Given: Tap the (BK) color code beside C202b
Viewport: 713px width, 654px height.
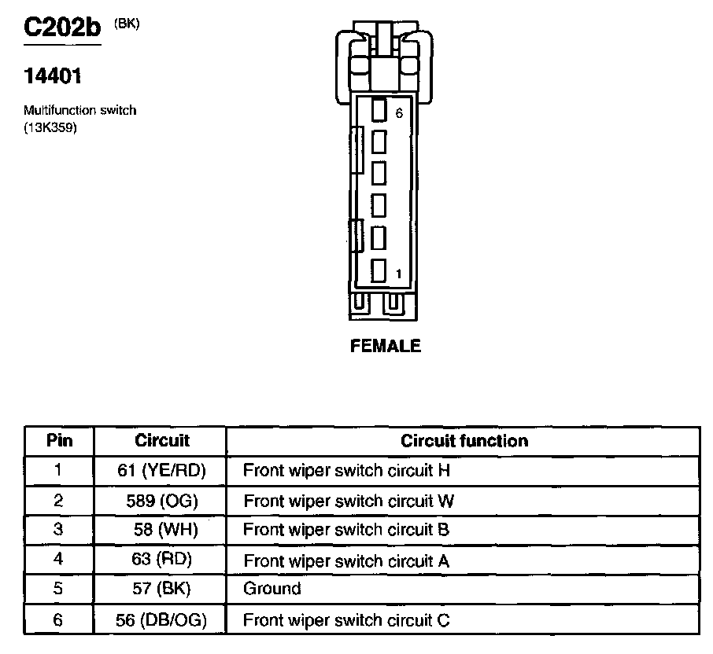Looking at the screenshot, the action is pyautogui.click(x=127, y=24).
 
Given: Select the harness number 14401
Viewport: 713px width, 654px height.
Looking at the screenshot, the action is pyautogui.click(x=53, y=76).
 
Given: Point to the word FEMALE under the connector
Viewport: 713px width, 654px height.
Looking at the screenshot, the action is pyautogui.click(x=386, y=346).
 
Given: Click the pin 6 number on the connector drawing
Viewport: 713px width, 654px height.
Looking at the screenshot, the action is pyautogui.click(x=399, y=113).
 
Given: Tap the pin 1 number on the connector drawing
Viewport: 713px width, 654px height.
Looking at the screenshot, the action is pyautogui.click(x=399, y=274).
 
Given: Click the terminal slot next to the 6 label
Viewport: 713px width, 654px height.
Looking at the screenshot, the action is pyautogui.click(x=379, y=110).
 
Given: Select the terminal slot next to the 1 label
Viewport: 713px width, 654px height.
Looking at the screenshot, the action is pyautogui.click(x=379, y=270).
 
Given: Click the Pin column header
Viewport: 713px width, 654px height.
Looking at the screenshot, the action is pyautogui.click(x=59, y=440).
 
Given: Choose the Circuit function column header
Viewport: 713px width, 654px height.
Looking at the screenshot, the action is pyautogui.click(x=464, y=440).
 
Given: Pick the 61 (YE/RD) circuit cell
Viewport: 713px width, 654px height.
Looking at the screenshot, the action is pyautogui.click(x=161, y=471).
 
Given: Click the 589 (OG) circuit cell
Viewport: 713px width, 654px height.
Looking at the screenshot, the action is pyautogui.click(x=161, y=501).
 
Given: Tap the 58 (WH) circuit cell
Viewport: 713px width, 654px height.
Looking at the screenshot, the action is pyautogui.click(x=161, y=530).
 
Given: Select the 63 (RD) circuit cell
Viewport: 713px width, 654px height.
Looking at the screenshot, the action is pyautogui.click(x=161, y=560).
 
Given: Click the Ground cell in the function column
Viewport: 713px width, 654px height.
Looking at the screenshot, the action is pyautogui.click(x=272, y=589).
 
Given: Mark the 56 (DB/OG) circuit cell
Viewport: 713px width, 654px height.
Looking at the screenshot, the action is pyautogui.click(x=161, y=619).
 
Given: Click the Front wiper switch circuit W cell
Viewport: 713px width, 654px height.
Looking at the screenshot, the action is pyautogui.click(x=349, y=501).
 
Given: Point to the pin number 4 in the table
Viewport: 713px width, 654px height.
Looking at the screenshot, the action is pyautogui.click(x=57, y=560).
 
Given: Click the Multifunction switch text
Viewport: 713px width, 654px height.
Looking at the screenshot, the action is pyautogui.click(x=79, y=110).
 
